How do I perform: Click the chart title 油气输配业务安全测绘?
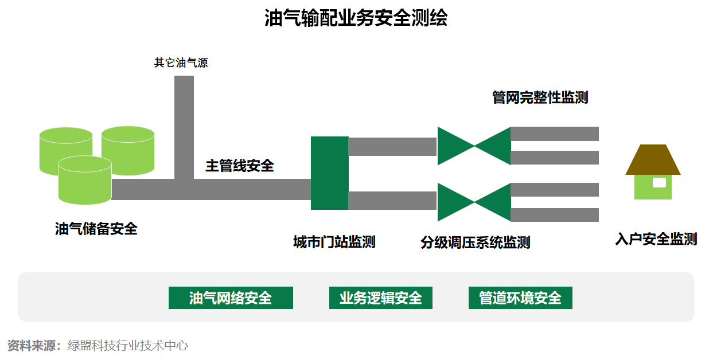(x=356, y=18)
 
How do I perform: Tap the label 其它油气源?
(x=181, y=63)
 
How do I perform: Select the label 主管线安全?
(x=240, y=166)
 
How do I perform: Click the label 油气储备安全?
(x=96, y=229)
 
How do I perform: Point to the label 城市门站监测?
(x=334, y=242)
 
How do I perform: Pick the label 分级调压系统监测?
(x=475, y=243)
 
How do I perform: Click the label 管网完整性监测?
(x=540, y=97)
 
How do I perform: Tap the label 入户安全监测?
(x=656, y=240)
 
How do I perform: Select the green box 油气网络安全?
(x=231, y=298)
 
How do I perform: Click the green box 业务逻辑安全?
(x=380, y=298)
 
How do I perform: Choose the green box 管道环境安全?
(x=520, y=298)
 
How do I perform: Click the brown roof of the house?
(x=653, y=160)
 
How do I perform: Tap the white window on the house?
(x=660, y=183)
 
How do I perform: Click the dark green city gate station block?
(x=329, y=173)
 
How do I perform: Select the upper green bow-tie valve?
(x=474, y=146)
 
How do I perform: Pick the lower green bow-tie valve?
(x=474, y=202)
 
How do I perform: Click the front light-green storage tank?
(x=85, y=181)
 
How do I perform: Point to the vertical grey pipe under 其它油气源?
(x=184, y=126)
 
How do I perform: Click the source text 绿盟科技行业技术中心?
(x=128, y=346)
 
